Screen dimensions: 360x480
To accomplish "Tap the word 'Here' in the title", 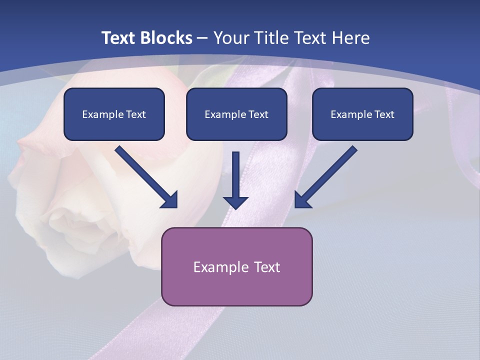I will (x=352, y=38).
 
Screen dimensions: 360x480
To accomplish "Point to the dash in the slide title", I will (x=202, y=38).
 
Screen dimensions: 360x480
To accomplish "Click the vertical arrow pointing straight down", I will (x=235, y=180).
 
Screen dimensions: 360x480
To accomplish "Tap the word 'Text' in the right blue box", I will (x=384, y=114).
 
